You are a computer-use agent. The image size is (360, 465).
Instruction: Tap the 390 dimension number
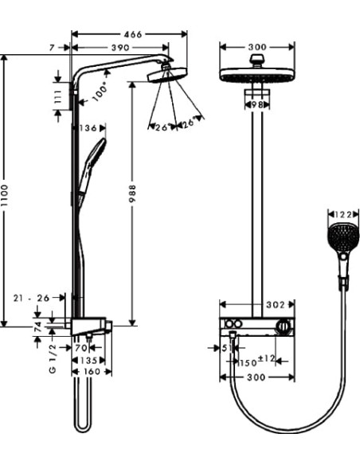coord(120,49)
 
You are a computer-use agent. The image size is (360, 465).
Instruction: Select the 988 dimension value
coord(133,196)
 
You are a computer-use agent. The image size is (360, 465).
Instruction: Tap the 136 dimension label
coord(88,128)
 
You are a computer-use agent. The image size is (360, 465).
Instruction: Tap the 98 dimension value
coord(256,104)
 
